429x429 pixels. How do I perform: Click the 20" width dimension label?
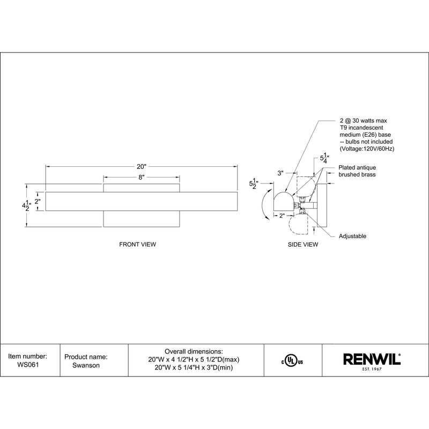coord(141,166)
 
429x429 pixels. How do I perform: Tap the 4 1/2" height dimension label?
coord(25,205)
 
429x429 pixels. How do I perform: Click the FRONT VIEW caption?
coord(137,244)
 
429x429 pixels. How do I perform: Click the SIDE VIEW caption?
coord(303,244)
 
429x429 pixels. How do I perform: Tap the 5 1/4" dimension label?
coord(324,158)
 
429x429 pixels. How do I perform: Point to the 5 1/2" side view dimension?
coord(253,184)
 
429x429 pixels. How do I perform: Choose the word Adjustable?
coord(352,236)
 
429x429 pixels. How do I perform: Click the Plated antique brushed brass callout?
coord(357,172)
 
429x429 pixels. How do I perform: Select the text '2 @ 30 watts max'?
coord(366,122)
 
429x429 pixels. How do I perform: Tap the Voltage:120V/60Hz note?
coord(367,147)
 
